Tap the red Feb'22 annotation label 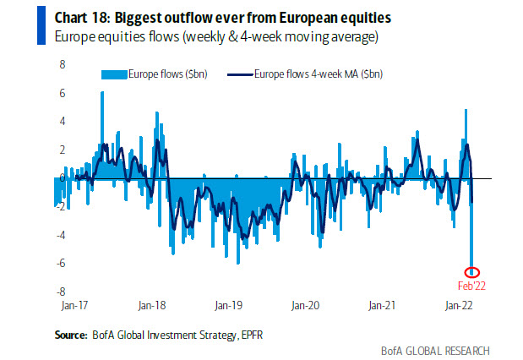click(x=471, y=286)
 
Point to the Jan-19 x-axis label click(x=228, y=303)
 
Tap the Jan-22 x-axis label click(x=458, y=303)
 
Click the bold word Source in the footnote click(x=71, y=335)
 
